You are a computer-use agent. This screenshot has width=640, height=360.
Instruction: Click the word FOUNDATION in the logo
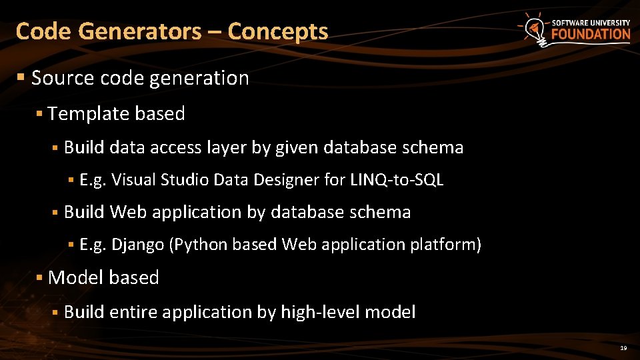click(x=591, y=34)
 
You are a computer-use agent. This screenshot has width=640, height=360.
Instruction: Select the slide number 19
click(x=623, y=348)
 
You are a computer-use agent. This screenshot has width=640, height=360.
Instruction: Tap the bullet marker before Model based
click(x=40, y=277)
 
